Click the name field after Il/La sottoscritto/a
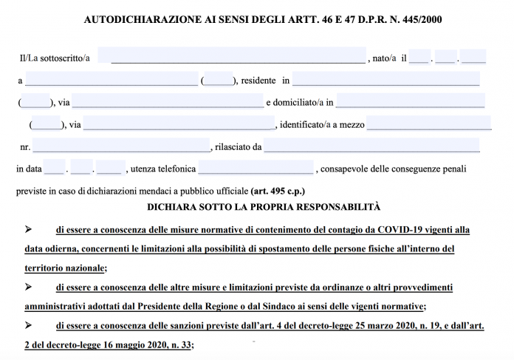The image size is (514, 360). click(238, 57)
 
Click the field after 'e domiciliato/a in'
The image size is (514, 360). click(410, 101)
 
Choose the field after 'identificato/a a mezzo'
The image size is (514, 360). click(428, 123)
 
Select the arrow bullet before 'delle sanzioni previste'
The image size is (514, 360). click(28, 325)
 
